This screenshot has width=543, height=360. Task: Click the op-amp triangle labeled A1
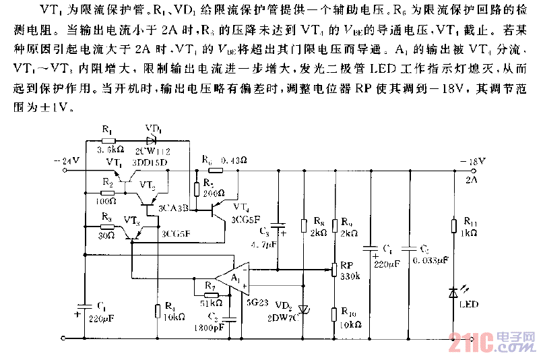tap(229, 278)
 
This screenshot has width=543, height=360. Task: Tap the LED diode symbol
tap(455, 293)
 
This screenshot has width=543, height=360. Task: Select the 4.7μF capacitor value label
tap(265, 243)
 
